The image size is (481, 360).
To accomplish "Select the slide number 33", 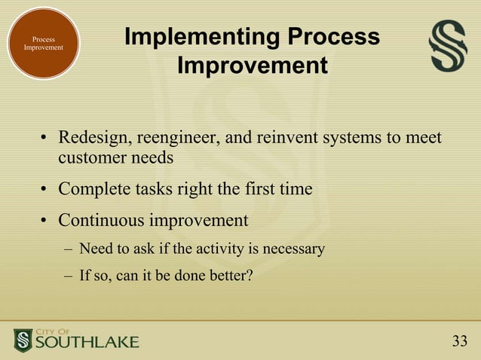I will (460, 342).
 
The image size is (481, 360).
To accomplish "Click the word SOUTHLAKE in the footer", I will (87, 343).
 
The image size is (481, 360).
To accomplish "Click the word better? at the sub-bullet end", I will (230, 275).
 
